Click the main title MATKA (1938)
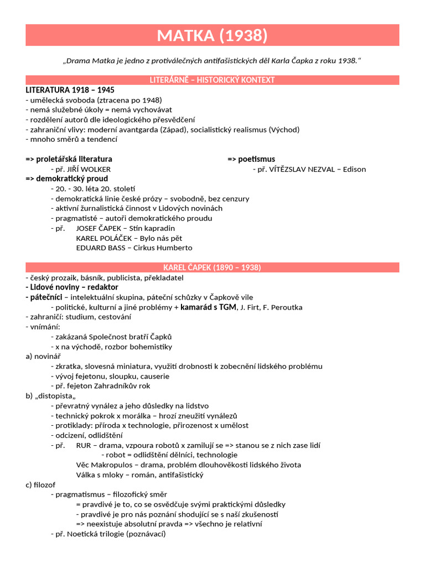point(212,35)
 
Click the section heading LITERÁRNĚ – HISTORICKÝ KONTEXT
point(212,80)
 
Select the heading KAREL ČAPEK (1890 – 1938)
point(212,267)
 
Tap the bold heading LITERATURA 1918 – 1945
point(70,90)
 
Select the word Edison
point(354,169)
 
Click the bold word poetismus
point(256,159)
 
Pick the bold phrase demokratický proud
point(72,179)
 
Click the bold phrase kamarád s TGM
point(209,307)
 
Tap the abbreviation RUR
point(83,445)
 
